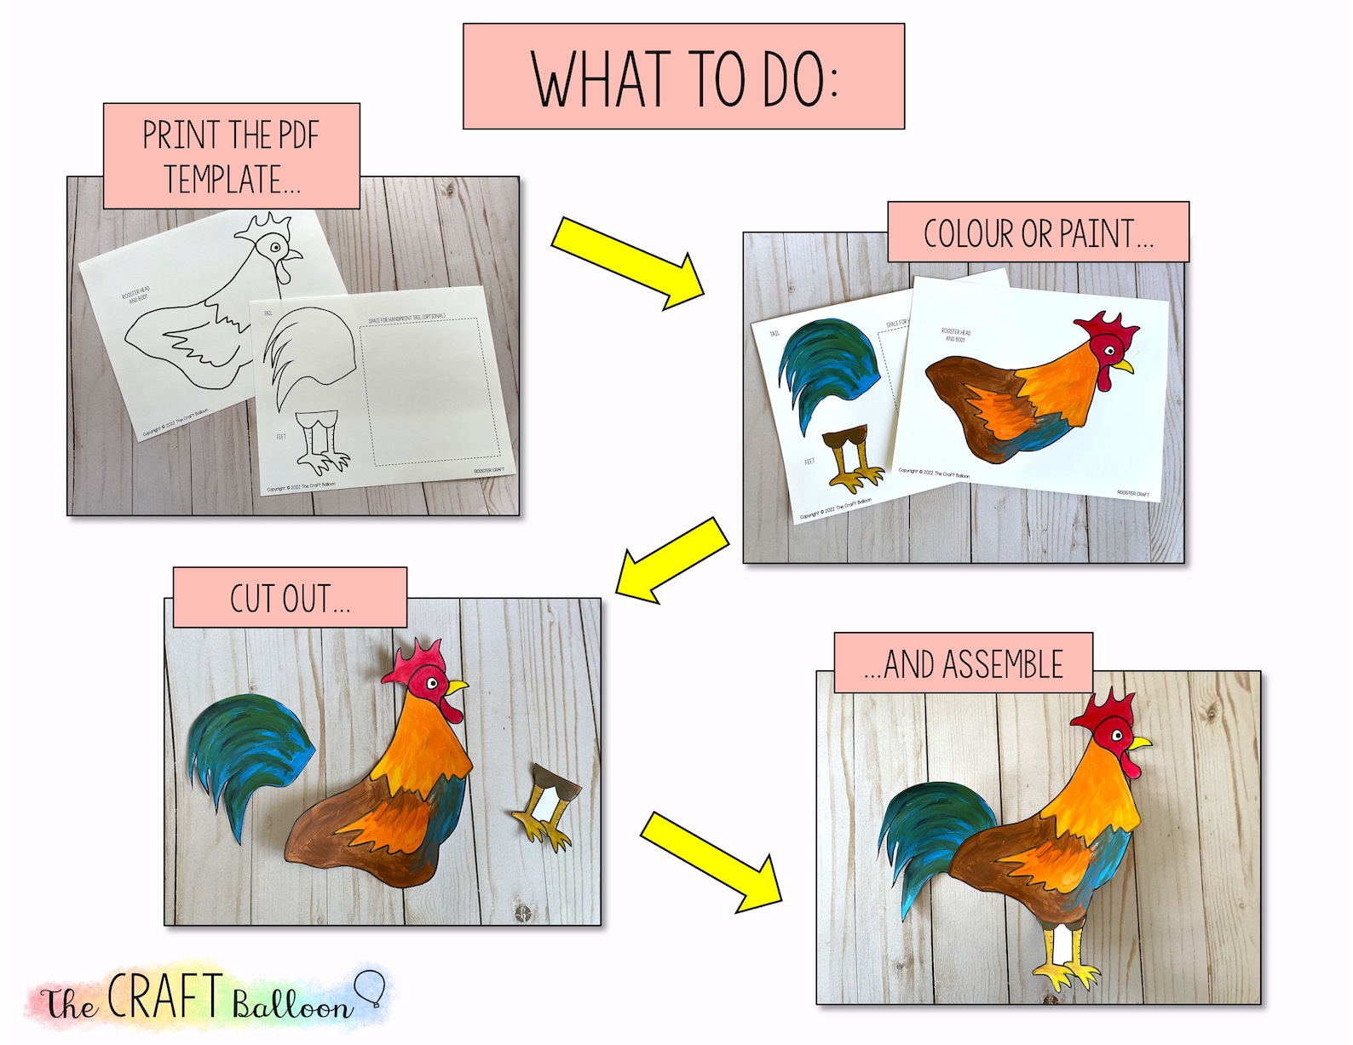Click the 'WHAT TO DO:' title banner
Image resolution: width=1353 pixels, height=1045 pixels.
pyautogui.click(x=682, y=77)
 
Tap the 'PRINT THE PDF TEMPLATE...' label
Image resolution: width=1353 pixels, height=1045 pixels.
pyautogui.click(x=231, y=156)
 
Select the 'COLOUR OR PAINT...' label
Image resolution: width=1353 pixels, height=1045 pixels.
pyautogui.click(x=1037, y=233)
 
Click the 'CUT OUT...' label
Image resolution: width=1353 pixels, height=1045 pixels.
pyautogui.click(x=290, y=598)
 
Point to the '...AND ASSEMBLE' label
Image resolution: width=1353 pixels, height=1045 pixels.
pyautogui.click(x=963, y=663)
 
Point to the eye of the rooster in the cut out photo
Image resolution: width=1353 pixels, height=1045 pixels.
pyautogui.click(x=433, y=683)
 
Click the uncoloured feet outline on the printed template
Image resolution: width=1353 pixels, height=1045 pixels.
pyautogui.click(x=322, y=443)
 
